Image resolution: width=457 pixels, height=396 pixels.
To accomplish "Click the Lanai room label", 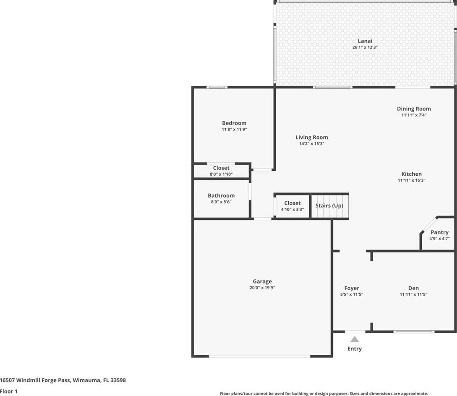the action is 365,41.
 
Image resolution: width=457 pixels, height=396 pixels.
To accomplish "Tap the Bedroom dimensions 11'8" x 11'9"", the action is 234,129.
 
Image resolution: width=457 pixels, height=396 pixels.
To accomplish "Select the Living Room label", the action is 311,138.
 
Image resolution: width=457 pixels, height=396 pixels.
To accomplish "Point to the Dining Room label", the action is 414,109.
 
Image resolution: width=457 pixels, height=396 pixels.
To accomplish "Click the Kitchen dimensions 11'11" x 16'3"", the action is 412,180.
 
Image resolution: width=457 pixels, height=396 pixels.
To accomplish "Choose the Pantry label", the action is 439,232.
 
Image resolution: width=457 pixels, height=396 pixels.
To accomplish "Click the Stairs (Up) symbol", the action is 329,206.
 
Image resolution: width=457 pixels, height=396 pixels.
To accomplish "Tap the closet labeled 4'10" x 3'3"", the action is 292,206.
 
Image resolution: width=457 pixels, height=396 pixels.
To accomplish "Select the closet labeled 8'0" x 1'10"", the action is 221,171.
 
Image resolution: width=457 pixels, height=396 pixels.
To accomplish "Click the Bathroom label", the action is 221,195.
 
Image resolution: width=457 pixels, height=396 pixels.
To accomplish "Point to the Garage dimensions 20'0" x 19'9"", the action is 262,288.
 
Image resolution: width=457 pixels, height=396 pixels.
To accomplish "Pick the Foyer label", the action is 352,288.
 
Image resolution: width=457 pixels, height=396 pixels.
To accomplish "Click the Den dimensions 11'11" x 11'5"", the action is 414,294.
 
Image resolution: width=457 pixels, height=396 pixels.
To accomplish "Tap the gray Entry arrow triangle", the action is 355,339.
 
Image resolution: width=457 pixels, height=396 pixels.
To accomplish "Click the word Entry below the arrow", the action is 355,349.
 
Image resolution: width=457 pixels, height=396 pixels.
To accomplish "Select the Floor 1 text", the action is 9,391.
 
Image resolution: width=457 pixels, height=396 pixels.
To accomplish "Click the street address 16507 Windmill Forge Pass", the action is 35,380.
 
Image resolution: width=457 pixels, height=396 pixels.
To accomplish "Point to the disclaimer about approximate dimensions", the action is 324,393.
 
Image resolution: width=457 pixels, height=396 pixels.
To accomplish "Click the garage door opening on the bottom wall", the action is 260,356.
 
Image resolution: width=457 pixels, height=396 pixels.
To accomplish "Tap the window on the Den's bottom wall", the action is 414,331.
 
